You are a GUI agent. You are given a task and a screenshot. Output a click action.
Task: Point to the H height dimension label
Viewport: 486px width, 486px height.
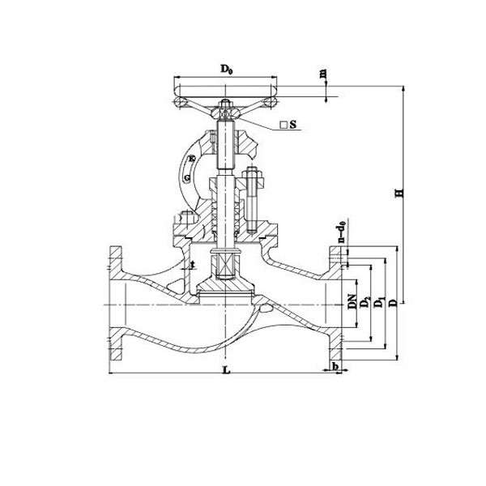click(x=398, y=194)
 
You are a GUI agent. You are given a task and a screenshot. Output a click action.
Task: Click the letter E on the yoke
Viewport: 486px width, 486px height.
click(x=192, y=158)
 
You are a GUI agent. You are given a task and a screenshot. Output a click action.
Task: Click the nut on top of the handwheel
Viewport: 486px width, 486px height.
click(x=224, y=104)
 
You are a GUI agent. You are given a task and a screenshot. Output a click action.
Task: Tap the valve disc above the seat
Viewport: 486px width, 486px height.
click(x=224, y=284)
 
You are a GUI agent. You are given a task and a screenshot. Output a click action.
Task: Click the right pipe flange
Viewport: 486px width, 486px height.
click(x=334, y=304)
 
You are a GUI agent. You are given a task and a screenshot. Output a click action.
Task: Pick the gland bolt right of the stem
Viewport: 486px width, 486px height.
click(x=251, y=198)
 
